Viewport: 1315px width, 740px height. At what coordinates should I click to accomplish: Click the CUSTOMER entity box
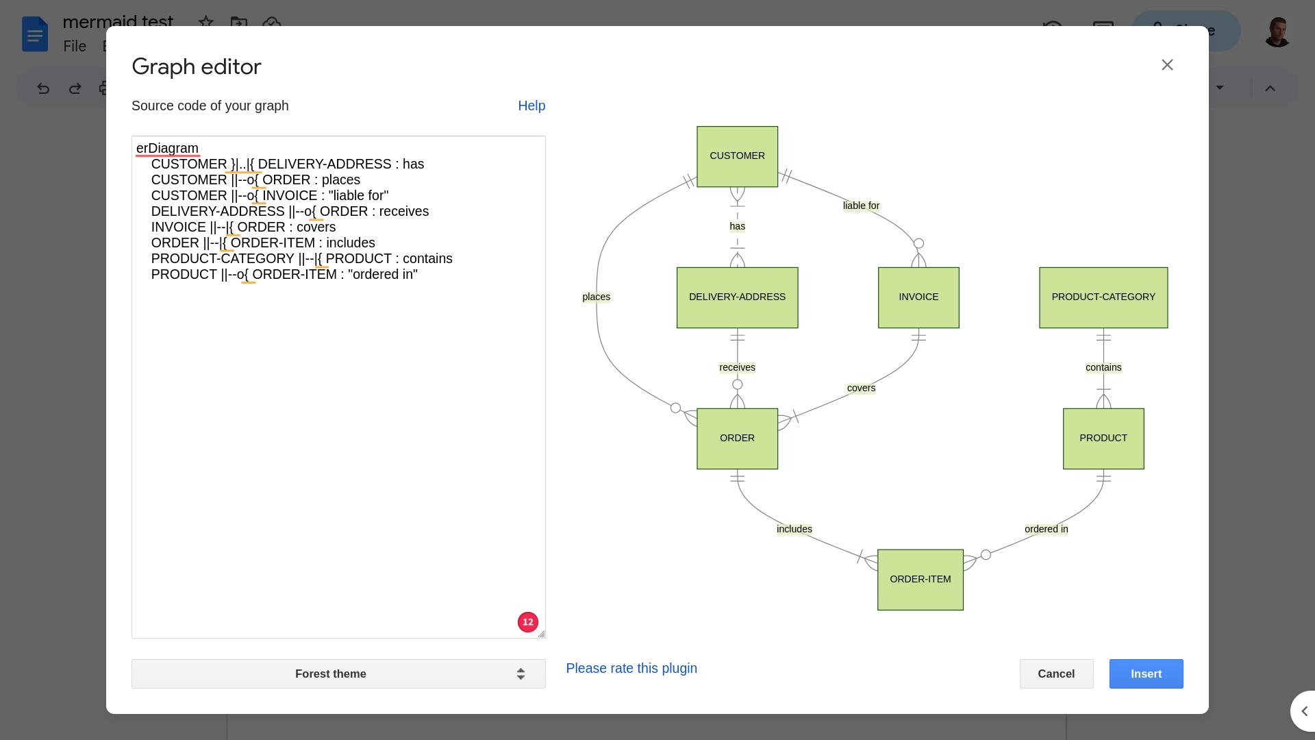point(737,156)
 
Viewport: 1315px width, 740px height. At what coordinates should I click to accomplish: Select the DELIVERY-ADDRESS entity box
point(737,297)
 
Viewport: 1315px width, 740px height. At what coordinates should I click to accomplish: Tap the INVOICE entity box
point(918,297)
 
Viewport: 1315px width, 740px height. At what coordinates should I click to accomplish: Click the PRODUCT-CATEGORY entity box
point(1103,297)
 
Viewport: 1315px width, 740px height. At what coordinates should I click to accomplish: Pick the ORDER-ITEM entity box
point(920,580)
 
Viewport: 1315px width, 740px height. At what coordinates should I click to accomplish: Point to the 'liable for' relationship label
point(861,206)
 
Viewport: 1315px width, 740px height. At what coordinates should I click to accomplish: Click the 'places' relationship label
point(596,297)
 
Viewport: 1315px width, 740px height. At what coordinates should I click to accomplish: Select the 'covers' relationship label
point(861,388)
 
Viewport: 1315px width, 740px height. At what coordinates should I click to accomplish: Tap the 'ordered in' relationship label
point(1046,529)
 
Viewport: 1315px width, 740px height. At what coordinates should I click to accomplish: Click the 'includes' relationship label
point(794,529)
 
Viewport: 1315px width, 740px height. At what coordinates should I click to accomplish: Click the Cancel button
point(1055,674)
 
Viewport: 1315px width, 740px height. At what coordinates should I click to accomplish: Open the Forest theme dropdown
point(338,674)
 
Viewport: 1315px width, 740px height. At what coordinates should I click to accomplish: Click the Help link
point(531,106)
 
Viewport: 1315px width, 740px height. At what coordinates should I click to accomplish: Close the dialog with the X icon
point(1167,65)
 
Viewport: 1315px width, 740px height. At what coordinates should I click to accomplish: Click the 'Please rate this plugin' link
point(631,668)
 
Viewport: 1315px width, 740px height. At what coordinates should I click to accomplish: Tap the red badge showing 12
point(527,622)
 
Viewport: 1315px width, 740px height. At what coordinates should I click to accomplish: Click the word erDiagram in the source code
point(167,149)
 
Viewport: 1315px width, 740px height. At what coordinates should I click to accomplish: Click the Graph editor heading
point(197,66)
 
